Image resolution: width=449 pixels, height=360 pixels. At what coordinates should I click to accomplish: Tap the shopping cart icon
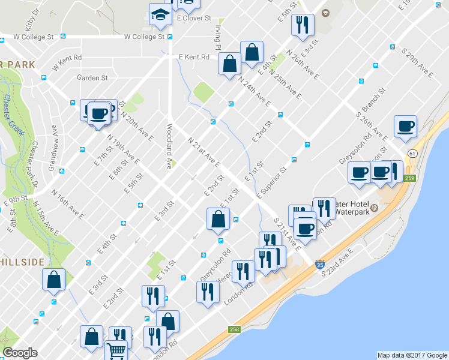click(116, 350)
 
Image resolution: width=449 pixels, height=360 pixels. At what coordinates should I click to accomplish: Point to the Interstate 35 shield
click(320, 263)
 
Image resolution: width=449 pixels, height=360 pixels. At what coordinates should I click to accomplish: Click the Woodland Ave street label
click(170, 145)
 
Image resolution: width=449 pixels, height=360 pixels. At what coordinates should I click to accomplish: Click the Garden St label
click(92, 78)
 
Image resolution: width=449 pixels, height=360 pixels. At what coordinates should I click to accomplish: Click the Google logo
click(19, 352)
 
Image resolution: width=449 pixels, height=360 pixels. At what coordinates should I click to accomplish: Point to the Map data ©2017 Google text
click(411, 355)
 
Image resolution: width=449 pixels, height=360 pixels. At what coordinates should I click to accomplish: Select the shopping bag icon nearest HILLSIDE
click(54, 280)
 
